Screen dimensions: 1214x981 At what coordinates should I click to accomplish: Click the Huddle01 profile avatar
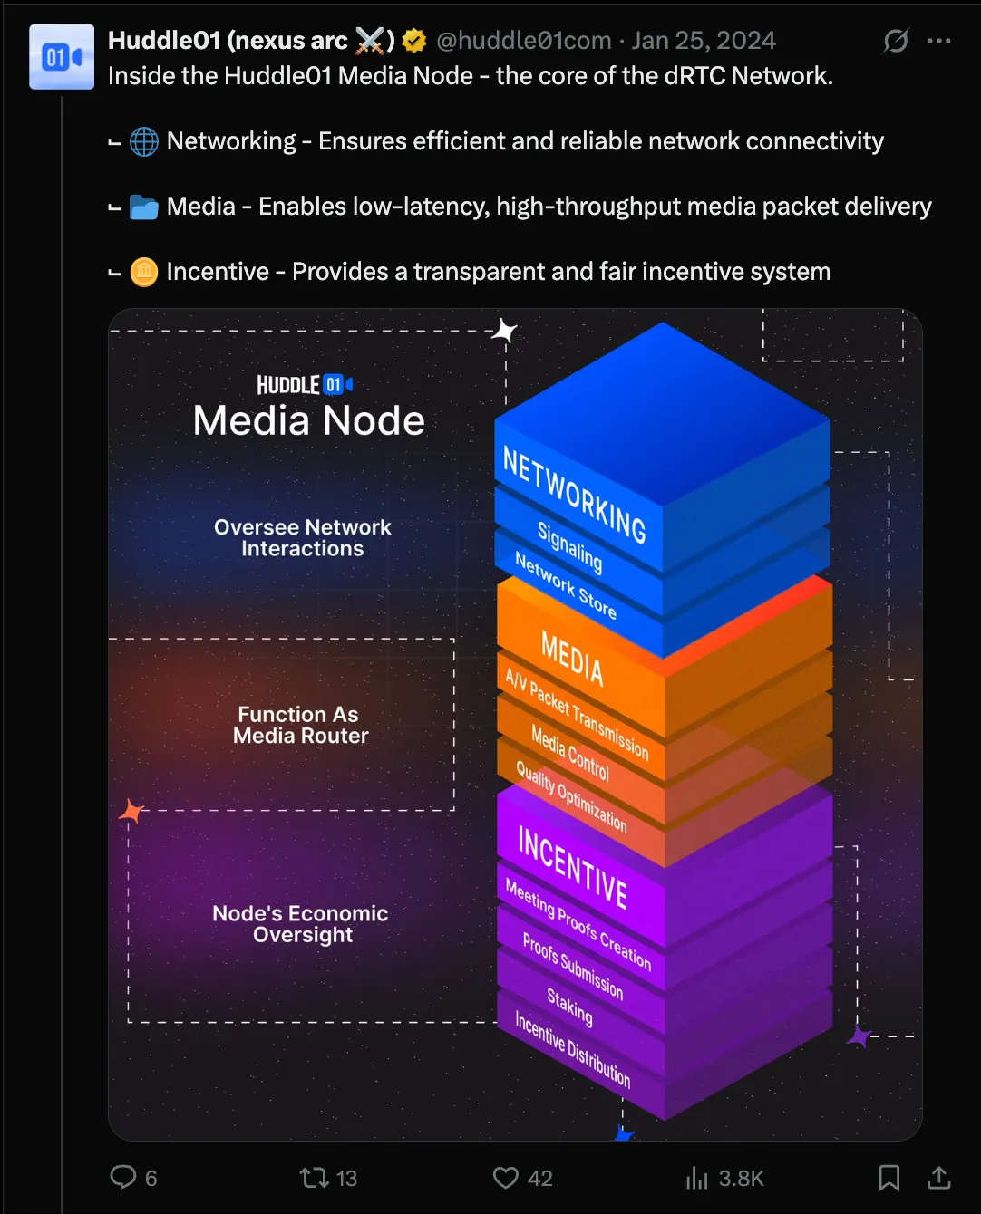[x=62, y=57]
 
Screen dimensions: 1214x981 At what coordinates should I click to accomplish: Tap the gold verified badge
[x=414, y=41]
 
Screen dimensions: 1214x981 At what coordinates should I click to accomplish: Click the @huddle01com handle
[x=523, y=41]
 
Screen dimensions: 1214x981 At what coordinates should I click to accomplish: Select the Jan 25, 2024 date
[x=704, y=41]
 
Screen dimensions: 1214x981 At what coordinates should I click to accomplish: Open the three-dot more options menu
[x=939, y=41]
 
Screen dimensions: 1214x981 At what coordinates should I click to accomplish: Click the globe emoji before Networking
[x=144, y=142]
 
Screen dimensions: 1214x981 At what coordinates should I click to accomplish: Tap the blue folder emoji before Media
[x=144, y=207]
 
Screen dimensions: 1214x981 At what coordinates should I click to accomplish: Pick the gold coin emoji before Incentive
[x=144, y=272]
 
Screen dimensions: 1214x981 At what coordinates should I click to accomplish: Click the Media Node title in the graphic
[x=309, y=420]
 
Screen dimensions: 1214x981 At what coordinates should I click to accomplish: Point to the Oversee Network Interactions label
[x=303, y=538]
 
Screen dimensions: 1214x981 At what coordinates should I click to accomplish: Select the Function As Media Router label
[x=300, y=726]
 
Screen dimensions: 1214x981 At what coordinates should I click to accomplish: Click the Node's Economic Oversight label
[x=301, y=924]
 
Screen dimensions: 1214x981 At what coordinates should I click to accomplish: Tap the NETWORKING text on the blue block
[x=575, y=496]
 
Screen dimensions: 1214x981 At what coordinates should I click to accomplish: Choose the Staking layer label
[x=569, y=1007]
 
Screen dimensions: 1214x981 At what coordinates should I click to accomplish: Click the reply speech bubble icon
[x=122, y=1177]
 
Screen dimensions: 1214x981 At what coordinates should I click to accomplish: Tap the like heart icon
[x=505, y=1177]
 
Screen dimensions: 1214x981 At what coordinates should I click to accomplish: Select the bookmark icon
[x=889, y=1177]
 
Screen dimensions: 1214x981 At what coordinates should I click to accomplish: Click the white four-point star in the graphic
[x=504, y=332]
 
